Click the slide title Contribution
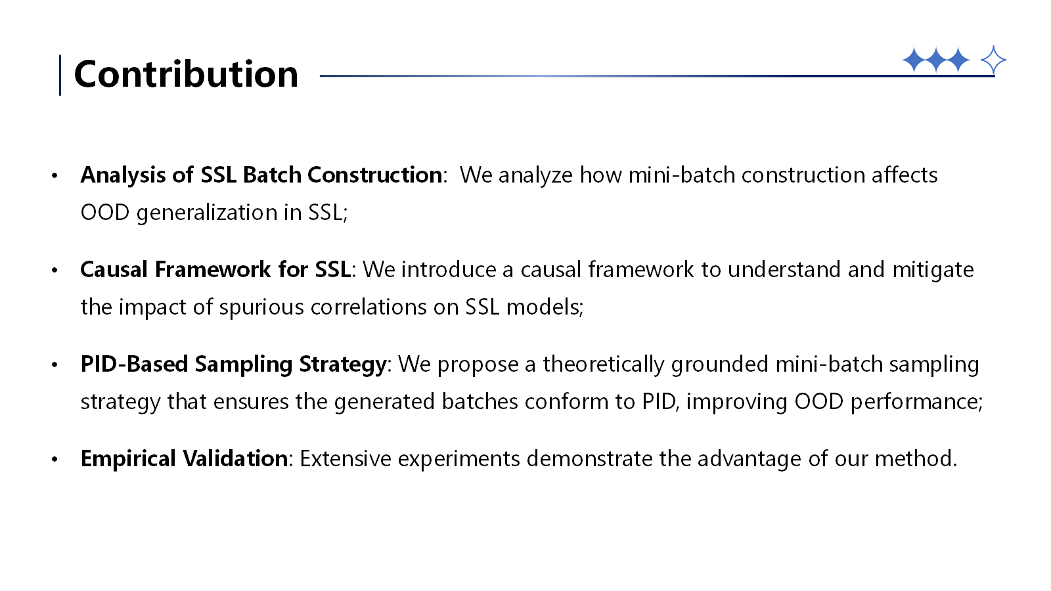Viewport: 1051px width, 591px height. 187,74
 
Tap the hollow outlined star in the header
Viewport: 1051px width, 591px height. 993,60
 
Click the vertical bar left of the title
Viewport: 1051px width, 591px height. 60,75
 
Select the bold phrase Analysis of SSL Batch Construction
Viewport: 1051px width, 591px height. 261,175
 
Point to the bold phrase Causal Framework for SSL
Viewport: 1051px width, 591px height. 215,269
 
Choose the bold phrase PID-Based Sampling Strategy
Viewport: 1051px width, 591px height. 233,364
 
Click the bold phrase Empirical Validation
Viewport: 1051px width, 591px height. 184,459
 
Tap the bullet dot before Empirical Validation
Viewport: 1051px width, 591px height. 55,459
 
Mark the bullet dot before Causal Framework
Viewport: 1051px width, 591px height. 55,270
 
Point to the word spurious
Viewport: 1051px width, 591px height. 261,308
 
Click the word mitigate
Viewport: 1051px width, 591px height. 933,270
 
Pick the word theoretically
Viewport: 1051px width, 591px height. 604,364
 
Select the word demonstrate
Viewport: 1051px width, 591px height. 589,459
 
